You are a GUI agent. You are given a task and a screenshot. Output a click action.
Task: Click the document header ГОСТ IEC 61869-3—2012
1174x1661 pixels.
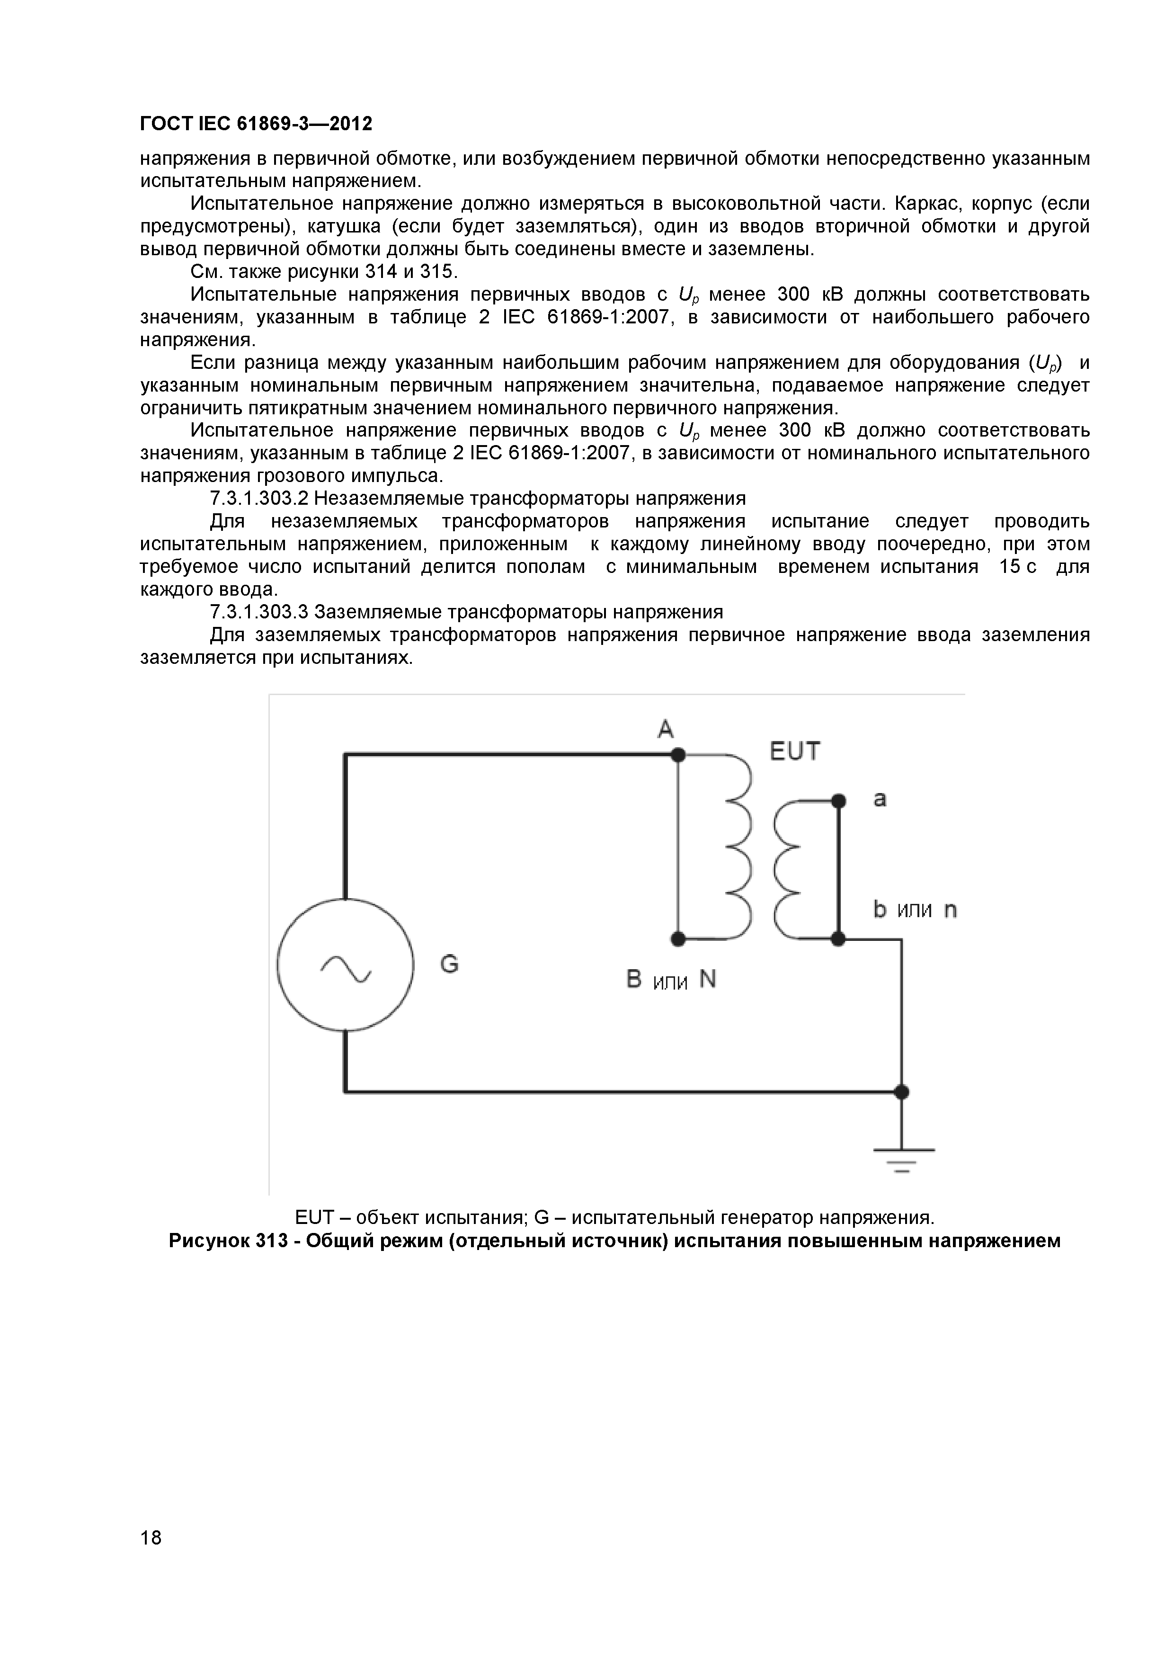point(256,124)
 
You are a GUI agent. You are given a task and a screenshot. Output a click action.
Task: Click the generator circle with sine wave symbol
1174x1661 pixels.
point(345,966)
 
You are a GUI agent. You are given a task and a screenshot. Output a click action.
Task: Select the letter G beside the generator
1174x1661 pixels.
point(449,964)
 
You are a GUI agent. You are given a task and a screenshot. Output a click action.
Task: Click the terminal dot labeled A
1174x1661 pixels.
point(678,755)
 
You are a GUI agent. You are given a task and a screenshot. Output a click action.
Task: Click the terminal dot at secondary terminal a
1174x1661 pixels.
point(838,801)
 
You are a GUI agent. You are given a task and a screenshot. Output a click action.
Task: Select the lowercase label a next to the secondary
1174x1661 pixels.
point(880,799)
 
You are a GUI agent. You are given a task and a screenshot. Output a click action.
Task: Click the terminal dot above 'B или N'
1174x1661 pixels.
point(678,939)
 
